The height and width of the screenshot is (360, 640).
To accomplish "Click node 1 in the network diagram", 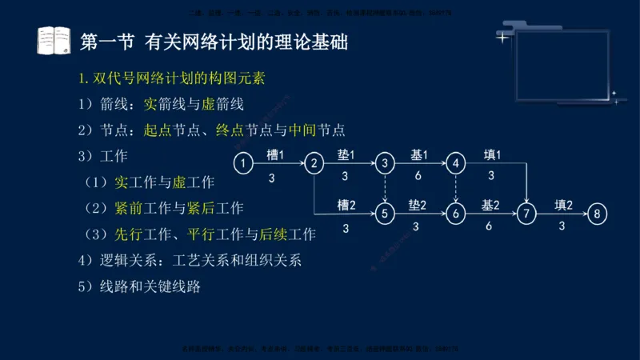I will (244, 164).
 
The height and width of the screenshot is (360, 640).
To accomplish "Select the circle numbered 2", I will (314, 164).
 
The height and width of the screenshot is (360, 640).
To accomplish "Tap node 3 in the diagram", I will (386, 164).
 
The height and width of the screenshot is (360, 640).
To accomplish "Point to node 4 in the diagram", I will (456, 164).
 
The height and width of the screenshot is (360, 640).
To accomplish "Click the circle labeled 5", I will (386, 214).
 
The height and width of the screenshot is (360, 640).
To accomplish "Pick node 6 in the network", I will (456, 214).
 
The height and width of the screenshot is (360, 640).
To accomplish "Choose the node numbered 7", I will (526, 214).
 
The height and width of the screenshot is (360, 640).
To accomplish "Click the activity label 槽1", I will (276, 154).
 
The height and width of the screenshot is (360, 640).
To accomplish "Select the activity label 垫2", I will (418, 204).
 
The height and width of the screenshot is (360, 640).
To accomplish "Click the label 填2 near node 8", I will (564, 204).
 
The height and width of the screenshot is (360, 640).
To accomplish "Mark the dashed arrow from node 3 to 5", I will (386, 189).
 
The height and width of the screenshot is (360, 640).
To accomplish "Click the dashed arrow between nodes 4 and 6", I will (456, 189).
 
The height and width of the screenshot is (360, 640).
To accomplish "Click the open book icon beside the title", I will (54, 41).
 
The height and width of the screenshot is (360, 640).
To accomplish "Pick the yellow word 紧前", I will (130, 208).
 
